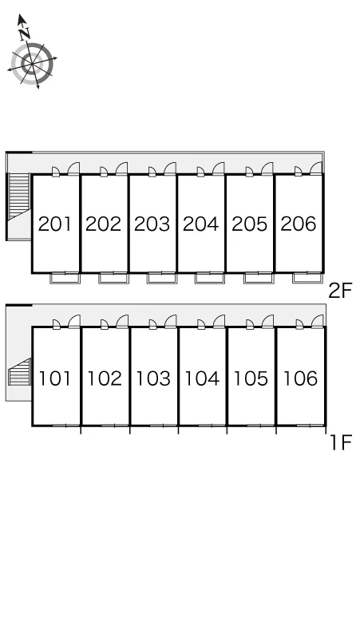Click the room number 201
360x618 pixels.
click(55, 224)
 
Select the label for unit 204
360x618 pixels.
click(201, 224)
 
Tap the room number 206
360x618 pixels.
click(299, 224)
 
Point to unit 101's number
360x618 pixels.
click(55, 378)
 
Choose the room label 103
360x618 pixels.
click(153, 378)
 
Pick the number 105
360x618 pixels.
click(251, 378)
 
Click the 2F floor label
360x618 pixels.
click(340, 291)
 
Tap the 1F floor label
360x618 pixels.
click(341, 443)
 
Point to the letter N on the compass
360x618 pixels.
click(25, 33)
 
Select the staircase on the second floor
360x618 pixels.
click(19, 196)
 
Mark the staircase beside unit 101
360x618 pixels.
click(20, 372)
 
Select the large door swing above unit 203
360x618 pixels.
click(170, 168)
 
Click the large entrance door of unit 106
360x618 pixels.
click(318, 321)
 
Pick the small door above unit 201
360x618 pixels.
click(56, 172)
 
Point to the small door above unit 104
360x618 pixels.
click(201, 324)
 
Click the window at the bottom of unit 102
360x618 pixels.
click(115, 426)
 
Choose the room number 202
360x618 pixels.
click(103, 224)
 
